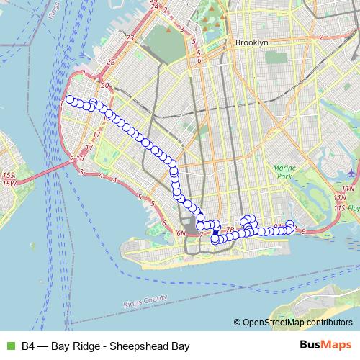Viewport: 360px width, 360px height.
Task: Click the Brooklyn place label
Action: [x=251, y=43]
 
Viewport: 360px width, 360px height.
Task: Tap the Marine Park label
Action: [x=284, y=172]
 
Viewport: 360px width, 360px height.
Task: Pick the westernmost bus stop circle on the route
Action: [x=70, y=100]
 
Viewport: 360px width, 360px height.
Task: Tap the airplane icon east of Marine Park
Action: [x=351, y=173]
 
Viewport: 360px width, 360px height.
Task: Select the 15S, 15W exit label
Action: [x=8, y=179]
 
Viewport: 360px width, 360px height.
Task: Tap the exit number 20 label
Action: [x=104, y=86]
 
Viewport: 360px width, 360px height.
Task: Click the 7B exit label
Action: [x=230, y=230]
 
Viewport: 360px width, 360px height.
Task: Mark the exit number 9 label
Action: [x=305, y=231]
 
